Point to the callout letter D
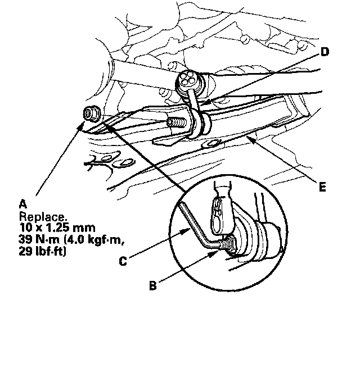[325, 52]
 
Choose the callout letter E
[322, 187]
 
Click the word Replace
[37, 216]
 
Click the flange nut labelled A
[90, 113]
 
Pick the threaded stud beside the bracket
[175, 122]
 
